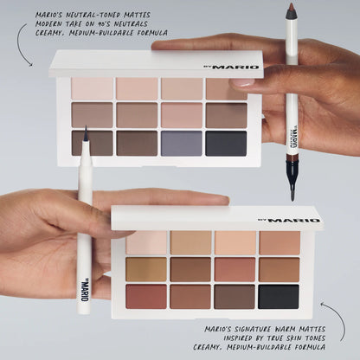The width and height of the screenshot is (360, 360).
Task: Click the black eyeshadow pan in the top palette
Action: [226, 143]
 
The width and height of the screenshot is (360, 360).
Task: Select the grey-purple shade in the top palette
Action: [182, 143]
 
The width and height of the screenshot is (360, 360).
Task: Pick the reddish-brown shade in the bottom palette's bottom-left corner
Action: [145, 297]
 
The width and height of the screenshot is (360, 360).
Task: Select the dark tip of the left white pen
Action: [87, 136]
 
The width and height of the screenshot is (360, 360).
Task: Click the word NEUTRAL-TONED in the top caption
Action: [94, 16]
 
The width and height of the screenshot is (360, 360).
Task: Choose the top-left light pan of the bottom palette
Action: [146, 243]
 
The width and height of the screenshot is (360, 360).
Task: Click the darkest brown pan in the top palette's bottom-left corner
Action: [93, 143]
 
